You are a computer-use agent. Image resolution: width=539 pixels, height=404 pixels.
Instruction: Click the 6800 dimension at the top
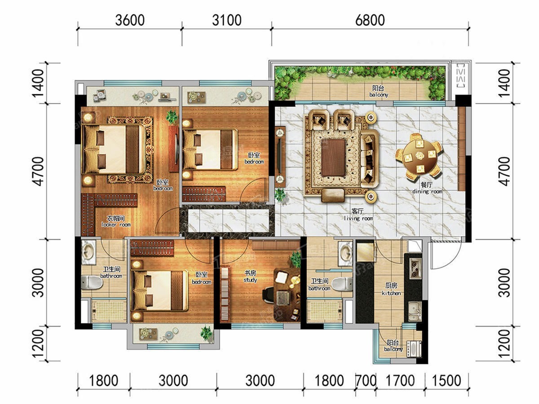pos(370,20)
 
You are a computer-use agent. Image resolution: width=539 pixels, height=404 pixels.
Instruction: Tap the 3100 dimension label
pos(227,20)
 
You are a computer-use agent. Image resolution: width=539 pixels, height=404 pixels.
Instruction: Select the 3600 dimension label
pos(130,20)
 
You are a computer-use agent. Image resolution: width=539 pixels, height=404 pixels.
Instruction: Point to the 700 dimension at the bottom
pos(366,381)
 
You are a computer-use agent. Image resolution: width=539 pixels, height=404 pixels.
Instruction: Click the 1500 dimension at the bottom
pos(446,381)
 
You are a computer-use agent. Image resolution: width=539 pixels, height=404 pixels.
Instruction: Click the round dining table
pos(419,155)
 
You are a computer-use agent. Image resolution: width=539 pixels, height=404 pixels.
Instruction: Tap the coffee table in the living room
pos(333,158)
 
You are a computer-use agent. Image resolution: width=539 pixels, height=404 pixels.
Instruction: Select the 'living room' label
pos(358,218)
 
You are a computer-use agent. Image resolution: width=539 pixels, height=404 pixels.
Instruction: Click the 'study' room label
pos(250,280)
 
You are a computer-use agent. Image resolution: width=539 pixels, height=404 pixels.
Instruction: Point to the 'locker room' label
pos(116,224)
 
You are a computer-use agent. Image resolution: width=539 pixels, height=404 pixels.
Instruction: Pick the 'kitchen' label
pos(391,293)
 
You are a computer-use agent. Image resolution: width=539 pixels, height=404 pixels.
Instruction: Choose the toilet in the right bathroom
pos(342,284)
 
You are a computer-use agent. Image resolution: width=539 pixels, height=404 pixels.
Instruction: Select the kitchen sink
pos(415,311)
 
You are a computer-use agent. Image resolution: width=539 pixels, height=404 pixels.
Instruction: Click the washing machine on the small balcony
pos(414,349)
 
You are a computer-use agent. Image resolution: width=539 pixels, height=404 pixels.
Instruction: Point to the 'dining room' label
pos(427,191)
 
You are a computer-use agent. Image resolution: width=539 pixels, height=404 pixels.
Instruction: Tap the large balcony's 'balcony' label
pos(379,95)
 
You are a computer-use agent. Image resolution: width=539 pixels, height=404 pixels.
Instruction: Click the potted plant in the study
pos(296,259)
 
